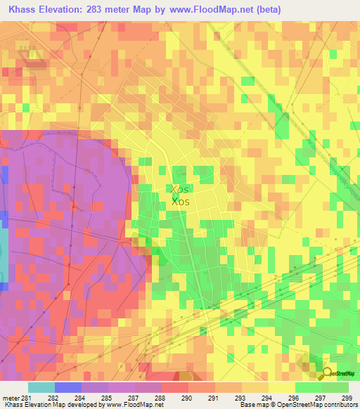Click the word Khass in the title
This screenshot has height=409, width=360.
[x=21, y=10]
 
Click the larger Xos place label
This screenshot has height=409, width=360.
[x=180, y=202]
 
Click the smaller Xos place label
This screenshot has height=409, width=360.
[x=179, y=189]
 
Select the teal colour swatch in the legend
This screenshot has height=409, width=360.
[x=41, y=387]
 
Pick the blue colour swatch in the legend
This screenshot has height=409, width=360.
[x=67, y=387]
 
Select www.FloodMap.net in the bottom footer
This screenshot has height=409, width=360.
[x=130, y=405]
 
